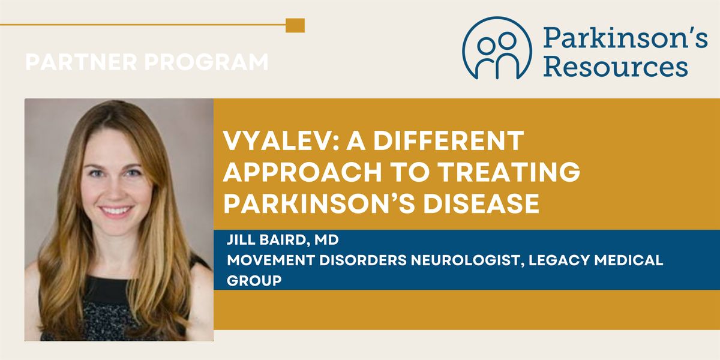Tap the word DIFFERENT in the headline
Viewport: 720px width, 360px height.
[x=449, y=140]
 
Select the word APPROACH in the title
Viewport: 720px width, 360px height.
[x=302, y=172]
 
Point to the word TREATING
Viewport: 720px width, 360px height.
[x=509, y=172]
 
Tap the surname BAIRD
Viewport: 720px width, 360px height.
[x=284, y=241]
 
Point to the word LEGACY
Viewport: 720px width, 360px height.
[x=559, y=260]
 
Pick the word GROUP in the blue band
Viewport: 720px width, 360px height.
[x=254, y=281]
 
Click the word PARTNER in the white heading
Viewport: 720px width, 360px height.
[x=82, y=62]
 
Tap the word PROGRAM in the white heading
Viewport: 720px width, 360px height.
[x=206, y=62]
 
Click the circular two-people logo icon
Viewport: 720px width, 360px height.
[x=497, y=48]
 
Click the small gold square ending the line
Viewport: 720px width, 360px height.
[x=295, y=25]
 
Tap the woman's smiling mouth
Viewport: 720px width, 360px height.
[x=116, y=211]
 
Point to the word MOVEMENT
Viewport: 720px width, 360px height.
[x=271, y=260]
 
